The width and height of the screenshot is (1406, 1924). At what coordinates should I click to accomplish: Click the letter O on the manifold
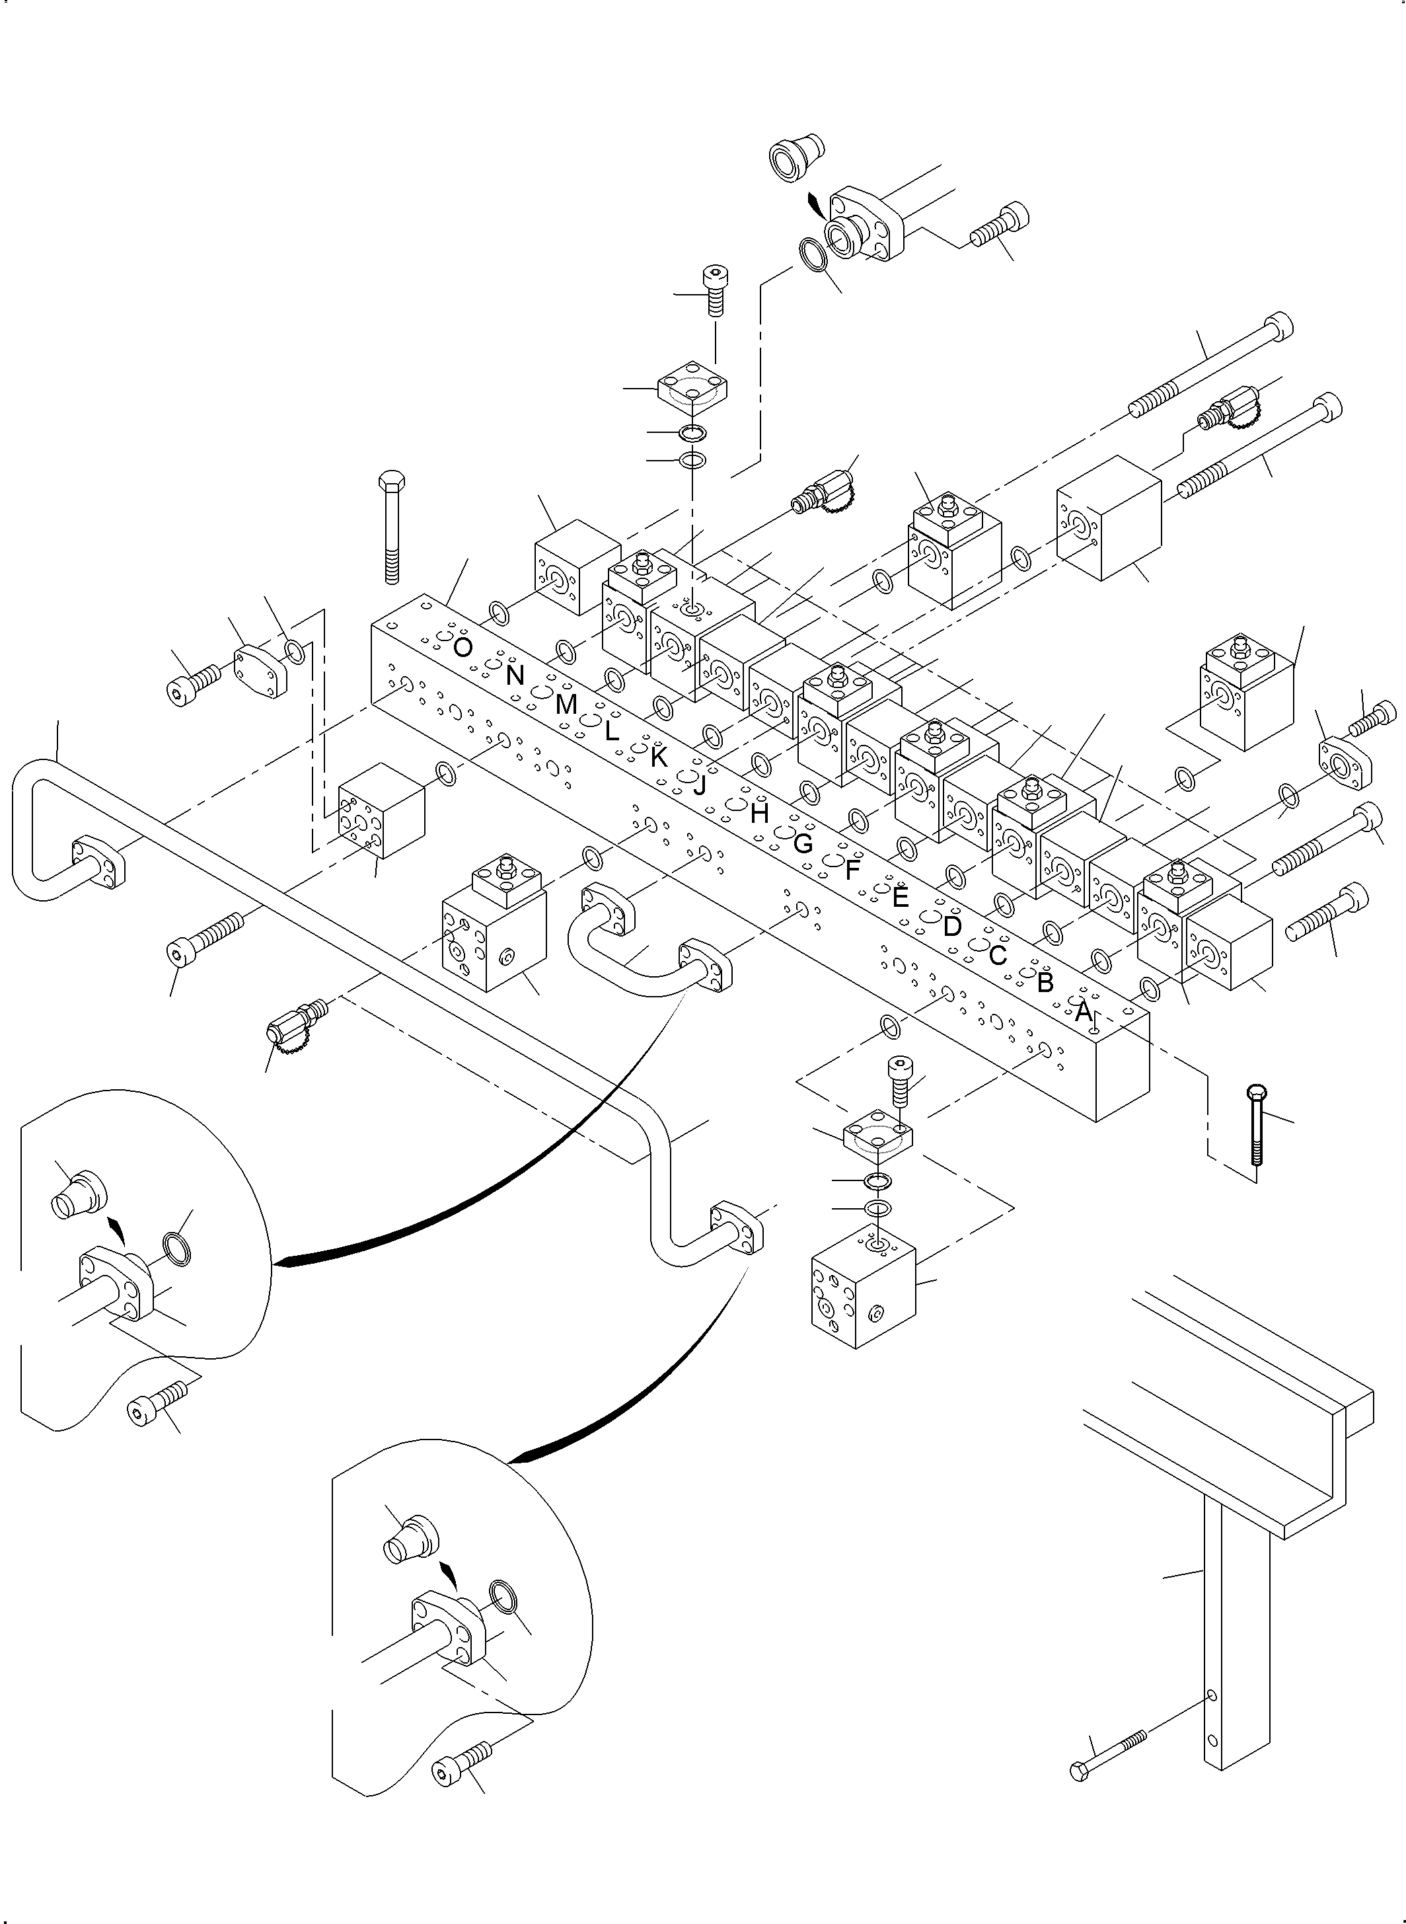(x=462, y=648)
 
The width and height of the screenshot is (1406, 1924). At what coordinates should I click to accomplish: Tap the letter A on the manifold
(x=1082, y=1012)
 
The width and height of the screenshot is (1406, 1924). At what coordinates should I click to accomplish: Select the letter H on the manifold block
(x=759, y=814)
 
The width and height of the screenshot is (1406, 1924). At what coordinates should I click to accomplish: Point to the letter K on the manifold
(x=659, y=757)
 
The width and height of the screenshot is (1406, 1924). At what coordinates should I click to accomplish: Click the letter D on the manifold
(x=951, y=926)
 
